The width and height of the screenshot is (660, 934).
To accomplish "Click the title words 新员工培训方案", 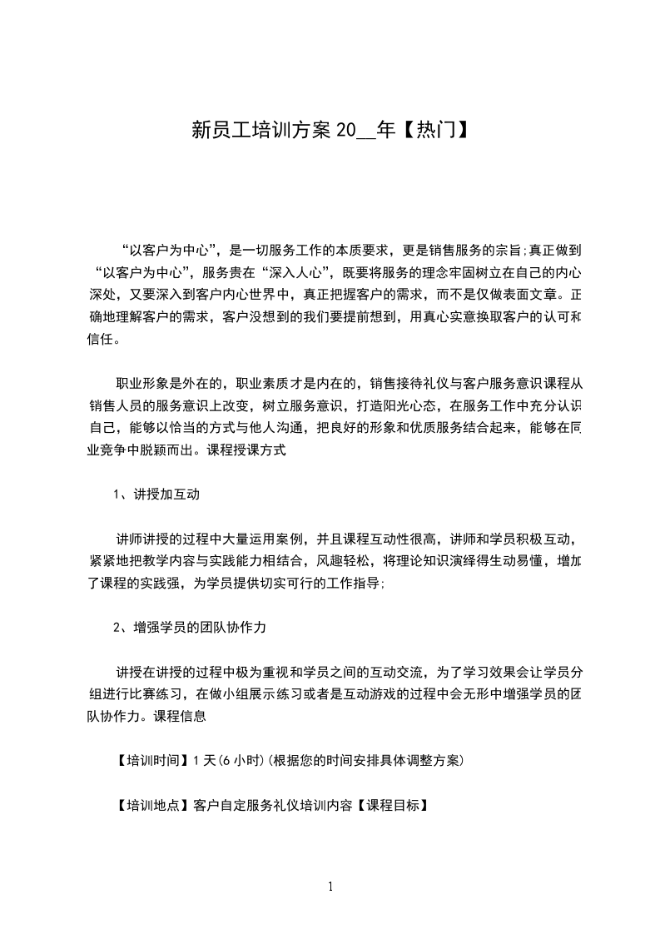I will pyautogui.click(x=261, y=130).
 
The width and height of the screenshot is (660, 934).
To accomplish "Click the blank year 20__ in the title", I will pyautogui.click(x=354, y=131).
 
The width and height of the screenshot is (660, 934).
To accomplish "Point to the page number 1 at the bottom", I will pyautogui.click(x=330, y=887).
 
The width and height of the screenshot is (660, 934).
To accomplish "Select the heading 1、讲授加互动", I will pyautogui.click(x=156, y=494).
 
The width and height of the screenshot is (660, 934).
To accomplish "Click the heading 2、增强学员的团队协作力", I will pyautogui.click(x=189, y=628).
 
